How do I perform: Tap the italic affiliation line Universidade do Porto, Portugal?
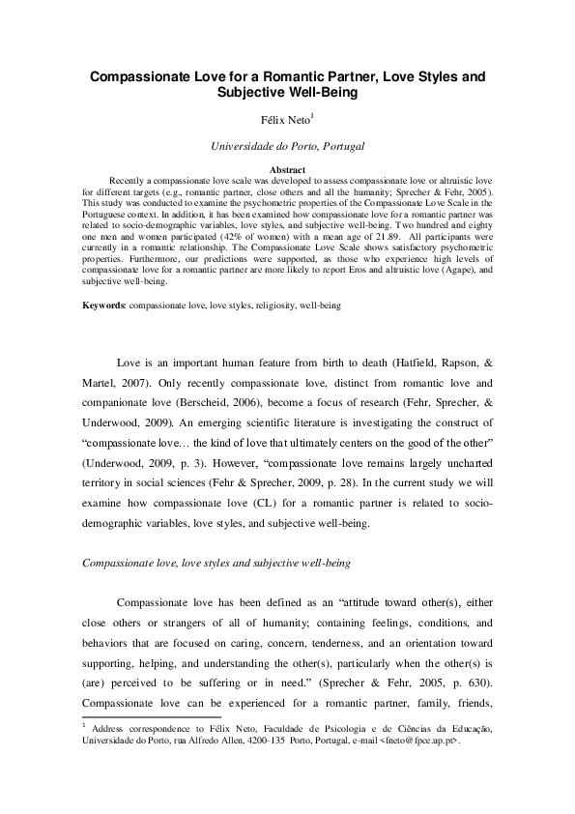tap(287, 147)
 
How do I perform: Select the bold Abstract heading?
tap(287, 169)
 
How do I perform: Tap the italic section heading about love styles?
tap(216, 563)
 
